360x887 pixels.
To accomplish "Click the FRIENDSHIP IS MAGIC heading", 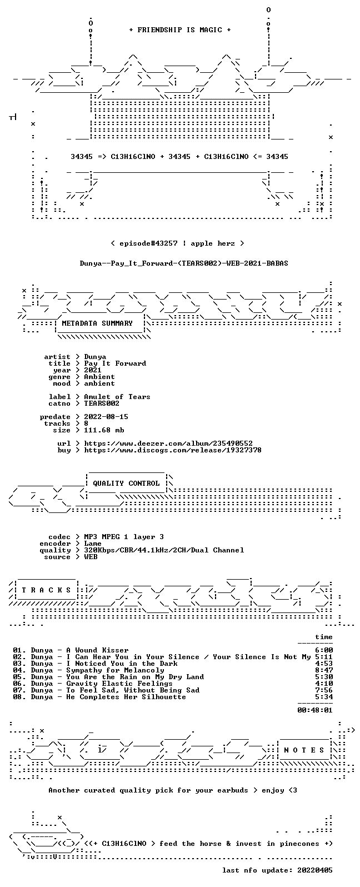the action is [x=180, y=29].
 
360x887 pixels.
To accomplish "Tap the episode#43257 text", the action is [x=148, y=243].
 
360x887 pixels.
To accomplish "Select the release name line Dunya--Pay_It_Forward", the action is [x=184, y=263].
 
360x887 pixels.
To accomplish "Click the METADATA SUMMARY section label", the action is [x=97, y=323].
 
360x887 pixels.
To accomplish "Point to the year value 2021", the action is [x=93, y=370].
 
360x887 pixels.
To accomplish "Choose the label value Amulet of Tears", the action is [x=117, y=396].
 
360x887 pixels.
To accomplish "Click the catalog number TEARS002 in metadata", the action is [x=101, y=403].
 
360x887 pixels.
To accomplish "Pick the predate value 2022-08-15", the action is [x=106, y=417].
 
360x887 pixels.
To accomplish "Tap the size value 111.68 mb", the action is [x=104, y=430].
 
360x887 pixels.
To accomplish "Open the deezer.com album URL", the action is [x=168, y=443].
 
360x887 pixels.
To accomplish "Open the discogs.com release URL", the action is [x=173, y=450].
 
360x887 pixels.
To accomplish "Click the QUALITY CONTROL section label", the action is [x=126, y=483].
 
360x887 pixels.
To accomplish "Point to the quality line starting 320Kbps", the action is [x=164, y=550].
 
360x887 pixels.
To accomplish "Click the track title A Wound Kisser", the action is [x=97, y=650].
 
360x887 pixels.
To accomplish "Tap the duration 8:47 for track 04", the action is [x=324, y=670].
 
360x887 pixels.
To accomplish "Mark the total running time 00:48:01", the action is [x=315, y=710].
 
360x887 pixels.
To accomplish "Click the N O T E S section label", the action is [x=304, y=750].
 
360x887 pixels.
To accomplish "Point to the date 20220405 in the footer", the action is [x=315, y=870].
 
